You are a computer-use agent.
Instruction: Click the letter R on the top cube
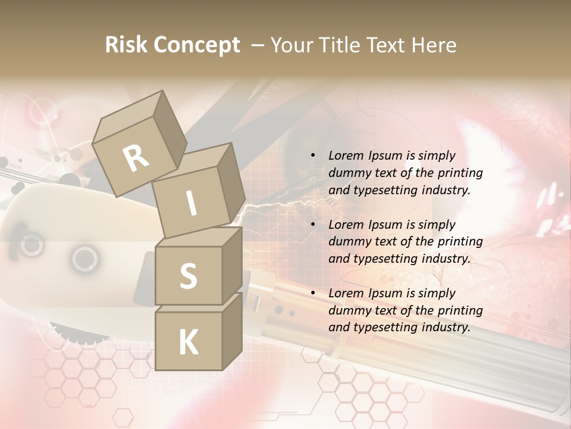(x=136, y=157)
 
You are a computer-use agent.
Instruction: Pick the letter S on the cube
(x=188, y=276)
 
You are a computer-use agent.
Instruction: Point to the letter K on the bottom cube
(x=188, y=342)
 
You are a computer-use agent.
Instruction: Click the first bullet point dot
(x=312, y=156)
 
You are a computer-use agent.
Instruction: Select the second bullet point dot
(x=312, y=225)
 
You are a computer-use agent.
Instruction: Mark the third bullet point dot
(x=312, y=294)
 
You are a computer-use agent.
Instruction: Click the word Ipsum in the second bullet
(x=385, y=225)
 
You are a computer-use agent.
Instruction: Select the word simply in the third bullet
(x=437, y=293)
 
